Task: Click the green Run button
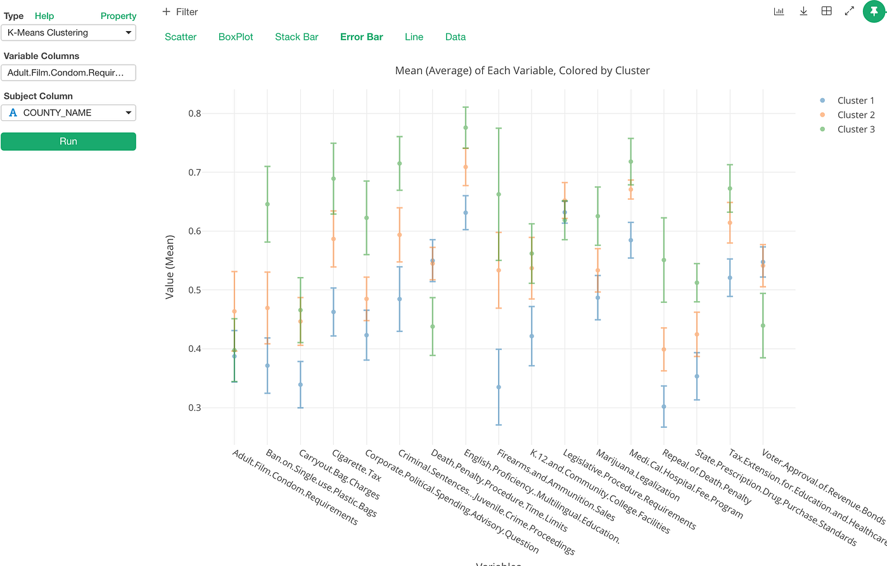coord(68,141)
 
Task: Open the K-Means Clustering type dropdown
coord(68,33)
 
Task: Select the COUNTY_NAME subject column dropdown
coord(68,113)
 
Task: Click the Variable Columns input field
coord(68,73)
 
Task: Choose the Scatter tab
coord(181,37)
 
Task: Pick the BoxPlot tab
coord(236,37)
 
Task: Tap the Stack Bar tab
coord(297,37)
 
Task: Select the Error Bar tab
coord(361,37)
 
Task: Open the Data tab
coord(455,37)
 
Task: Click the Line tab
coord(414,37)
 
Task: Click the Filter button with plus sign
coord(180,12)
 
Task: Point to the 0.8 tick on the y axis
coord(195,113)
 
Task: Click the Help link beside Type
coord(44,16)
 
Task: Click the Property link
coord(118,16)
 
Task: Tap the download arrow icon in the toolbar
coord(803,11)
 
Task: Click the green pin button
coord(874,11)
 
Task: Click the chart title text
coord(522,70)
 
